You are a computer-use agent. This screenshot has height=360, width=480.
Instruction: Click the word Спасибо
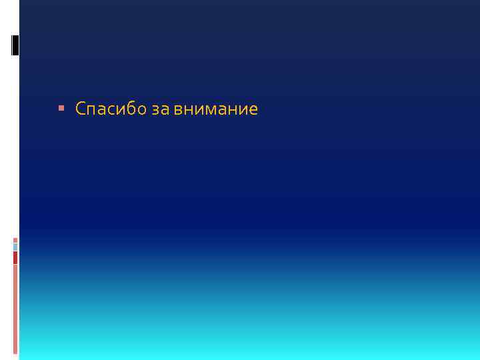[x=111, y=109]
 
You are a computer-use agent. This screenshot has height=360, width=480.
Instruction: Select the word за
[x=161, y=109]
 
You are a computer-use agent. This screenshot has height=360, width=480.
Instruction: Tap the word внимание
[x=215, y=109]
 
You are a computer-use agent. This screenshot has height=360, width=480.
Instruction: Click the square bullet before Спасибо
[x=62, y=108]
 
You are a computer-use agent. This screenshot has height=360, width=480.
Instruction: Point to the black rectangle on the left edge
[x=15, y=44]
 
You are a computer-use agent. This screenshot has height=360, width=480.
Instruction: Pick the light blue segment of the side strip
[x=15, y=247]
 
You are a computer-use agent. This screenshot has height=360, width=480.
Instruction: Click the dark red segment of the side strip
[x=15, y=257]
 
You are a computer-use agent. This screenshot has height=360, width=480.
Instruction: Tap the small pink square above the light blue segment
[x=15, y=240]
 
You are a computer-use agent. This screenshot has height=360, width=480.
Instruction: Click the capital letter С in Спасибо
[x=81, y=109]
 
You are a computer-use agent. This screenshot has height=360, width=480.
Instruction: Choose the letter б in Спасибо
[x=131, y=108]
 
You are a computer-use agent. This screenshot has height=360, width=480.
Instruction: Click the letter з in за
[x=156, y=110]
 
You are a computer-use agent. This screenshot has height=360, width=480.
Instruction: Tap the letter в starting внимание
[x=179, y=110]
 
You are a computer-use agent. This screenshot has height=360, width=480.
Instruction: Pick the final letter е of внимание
[x=253, y=110]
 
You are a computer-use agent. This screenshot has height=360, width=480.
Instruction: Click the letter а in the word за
[x=165, y=110]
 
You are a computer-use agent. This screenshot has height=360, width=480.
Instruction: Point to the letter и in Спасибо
[x=121, y=110]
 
